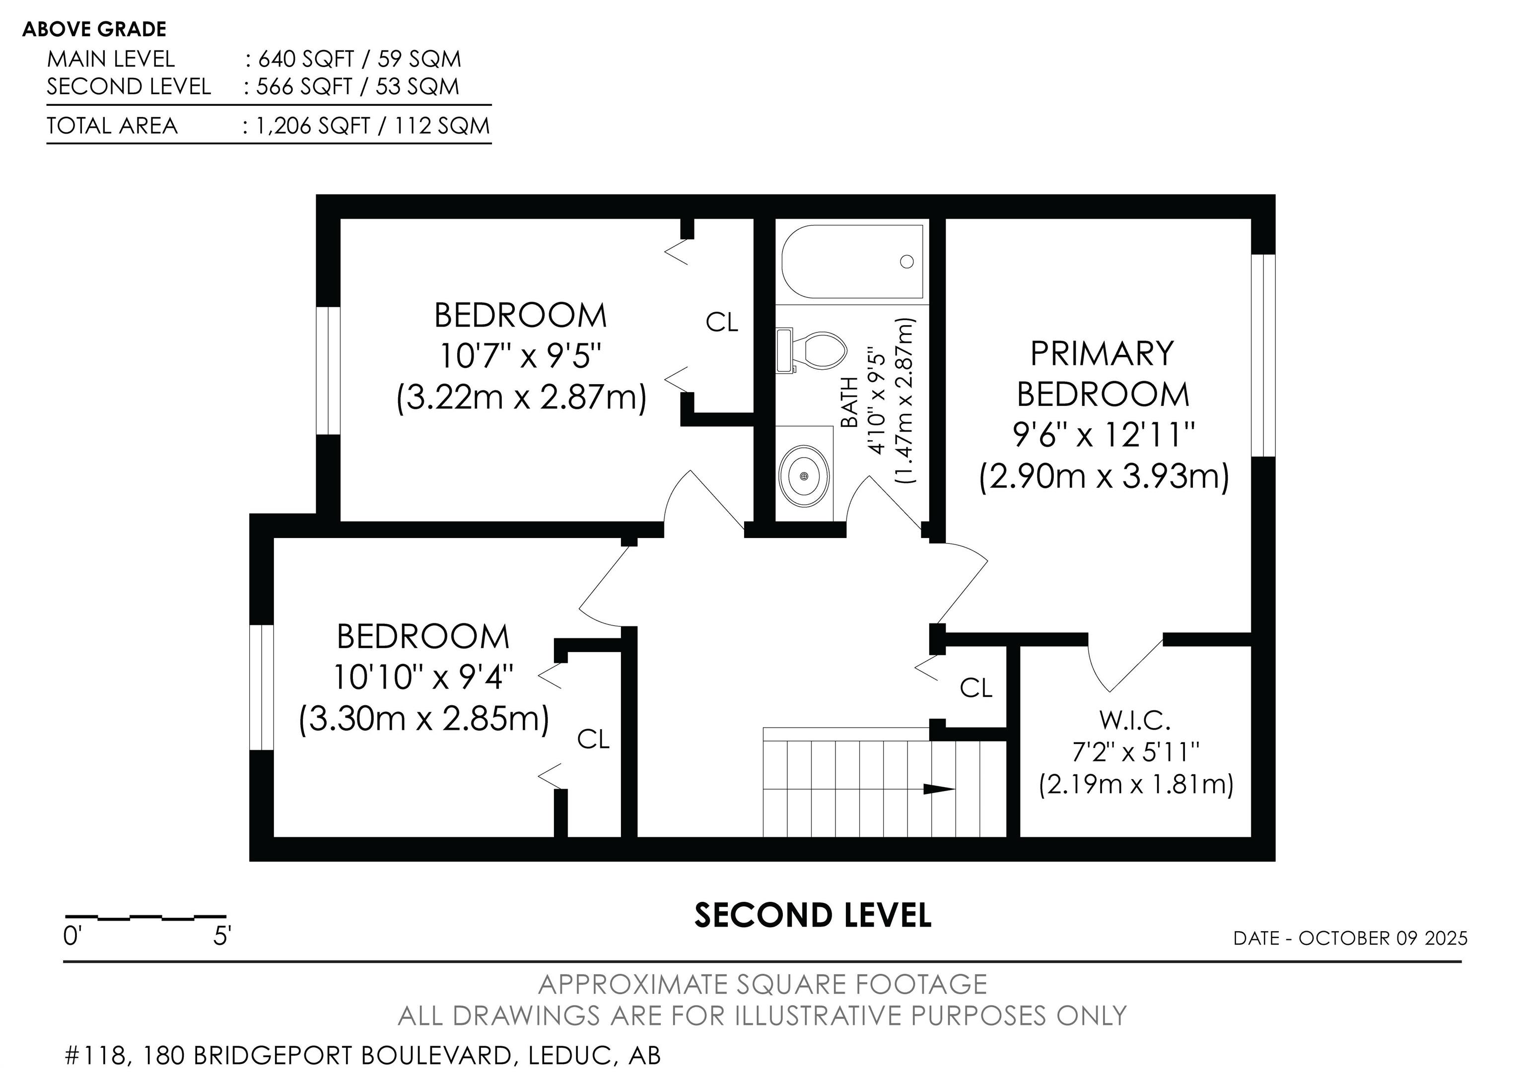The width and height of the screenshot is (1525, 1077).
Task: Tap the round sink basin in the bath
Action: pos(804,475)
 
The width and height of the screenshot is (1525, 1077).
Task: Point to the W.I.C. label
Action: pos(1135,719)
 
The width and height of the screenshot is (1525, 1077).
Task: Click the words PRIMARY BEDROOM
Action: pos(1103,373)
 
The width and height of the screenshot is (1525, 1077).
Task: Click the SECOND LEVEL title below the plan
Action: pos(813,915)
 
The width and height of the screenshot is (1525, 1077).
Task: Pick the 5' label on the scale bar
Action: pos(222,936)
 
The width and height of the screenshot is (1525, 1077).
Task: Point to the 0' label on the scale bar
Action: pos(72,936)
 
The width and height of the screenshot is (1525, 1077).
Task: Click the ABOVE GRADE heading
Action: pos(94,29)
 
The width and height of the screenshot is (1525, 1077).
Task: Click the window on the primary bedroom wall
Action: pos(1263,355)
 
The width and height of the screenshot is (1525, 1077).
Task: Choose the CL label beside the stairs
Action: pos(975,688)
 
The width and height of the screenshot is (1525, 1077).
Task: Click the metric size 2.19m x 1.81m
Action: pos(1136,784)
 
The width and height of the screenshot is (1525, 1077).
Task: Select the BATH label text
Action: pos(849,403)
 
